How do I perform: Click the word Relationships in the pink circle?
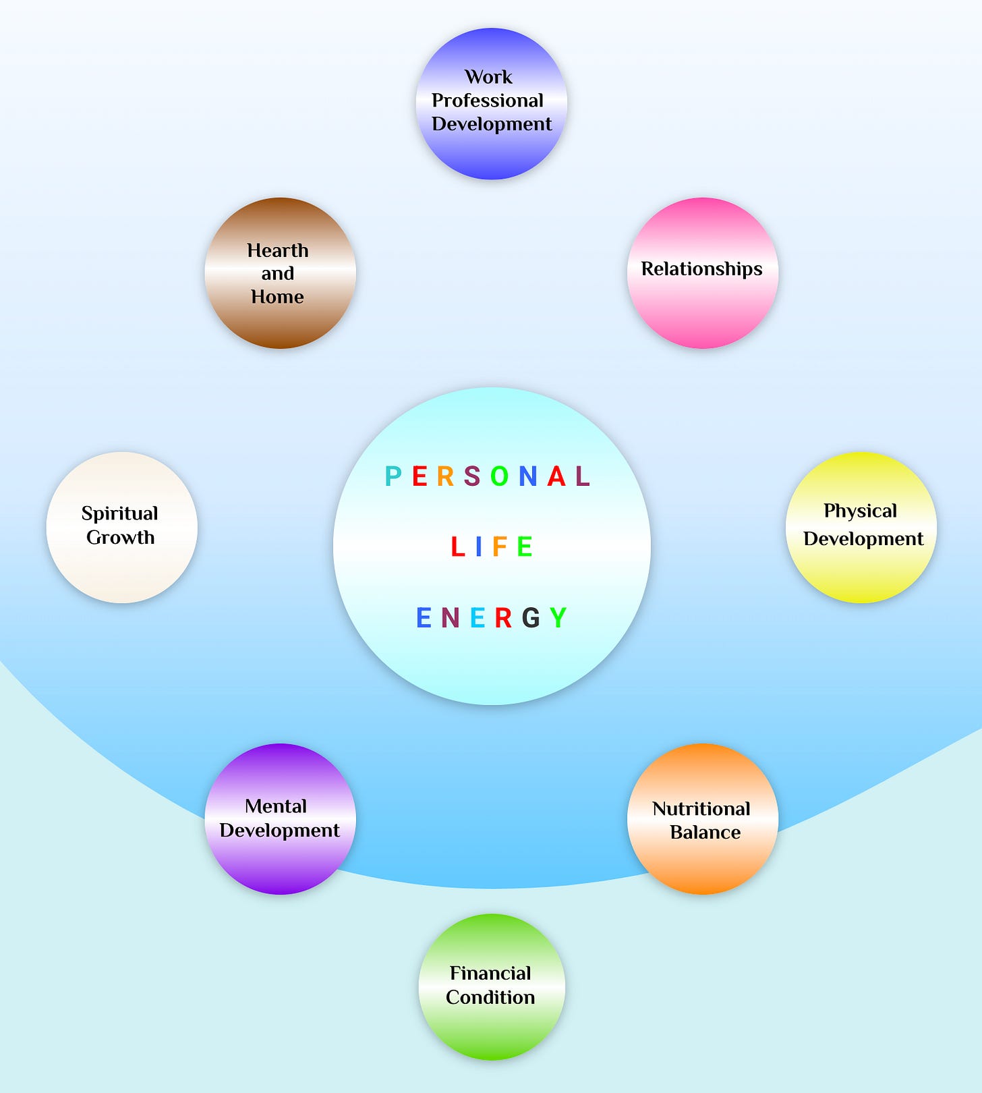[x=701, y=269]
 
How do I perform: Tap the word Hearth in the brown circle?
[x=277, y=250]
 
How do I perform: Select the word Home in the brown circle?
[x=277, y=297]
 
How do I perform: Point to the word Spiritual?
[x=120, y=514]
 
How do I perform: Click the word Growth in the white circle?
[x=120, y=538]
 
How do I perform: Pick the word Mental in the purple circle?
[x=276, y=806]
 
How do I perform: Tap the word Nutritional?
[x=701, y=809]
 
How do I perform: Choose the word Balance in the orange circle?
[x=705, y=833]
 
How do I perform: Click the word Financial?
[x=490, y=974]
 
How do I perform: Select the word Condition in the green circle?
[x=490, y=997]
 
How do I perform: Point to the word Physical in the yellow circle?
[x=860, y=511]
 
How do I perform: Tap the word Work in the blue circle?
[x=488, y=77]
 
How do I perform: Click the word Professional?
[x=488, y=101]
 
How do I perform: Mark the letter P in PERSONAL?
[x=393, y=476]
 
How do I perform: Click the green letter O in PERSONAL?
[x=499, y=476]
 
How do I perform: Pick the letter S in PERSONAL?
[x=472, y=476]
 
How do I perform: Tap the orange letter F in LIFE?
[x=500, y=546]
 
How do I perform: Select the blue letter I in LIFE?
[x=478, y=546]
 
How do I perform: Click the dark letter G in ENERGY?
[x=531, y=617]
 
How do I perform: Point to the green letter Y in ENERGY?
[x=558, y=617]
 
